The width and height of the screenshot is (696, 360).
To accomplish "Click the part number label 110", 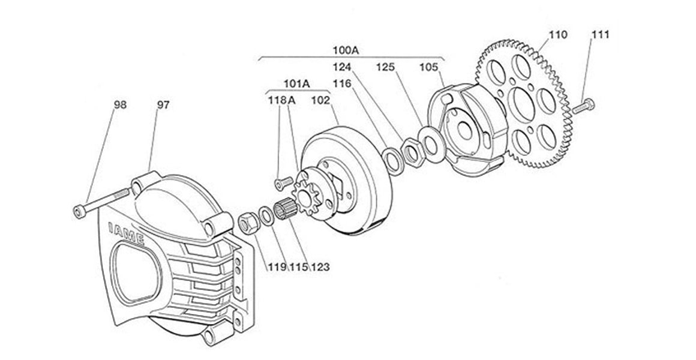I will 557,35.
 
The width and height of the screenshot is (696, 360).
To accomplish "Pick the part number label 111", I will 600,35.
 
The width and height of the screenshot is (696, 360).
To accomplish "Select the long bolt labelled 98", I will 102,202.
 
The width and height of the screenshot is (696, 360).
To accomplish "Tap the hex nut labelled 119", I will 248,223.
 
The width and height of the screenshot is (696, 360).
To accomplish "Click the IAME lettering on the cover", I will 126,232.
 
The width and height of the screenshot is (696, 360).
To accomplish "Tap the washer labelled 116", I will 394,159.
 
